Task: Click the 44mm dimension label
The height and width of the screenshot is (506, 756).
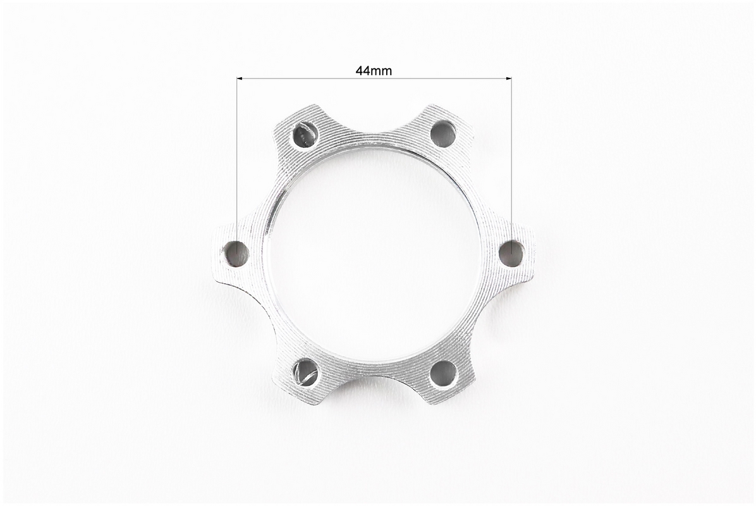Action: (x=374, y=71)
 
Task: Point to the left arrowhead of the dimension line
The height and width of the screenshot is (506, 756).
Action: (x=240, y=78)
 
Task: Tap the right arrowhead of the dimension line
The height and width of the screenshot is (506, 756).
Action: (x=507, y=78)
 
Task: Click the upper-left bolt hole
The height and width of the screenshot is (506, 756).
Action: (x=303, y=133)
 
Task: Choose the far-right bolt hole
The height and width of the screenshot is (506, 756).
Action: (x=511, y=252)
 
